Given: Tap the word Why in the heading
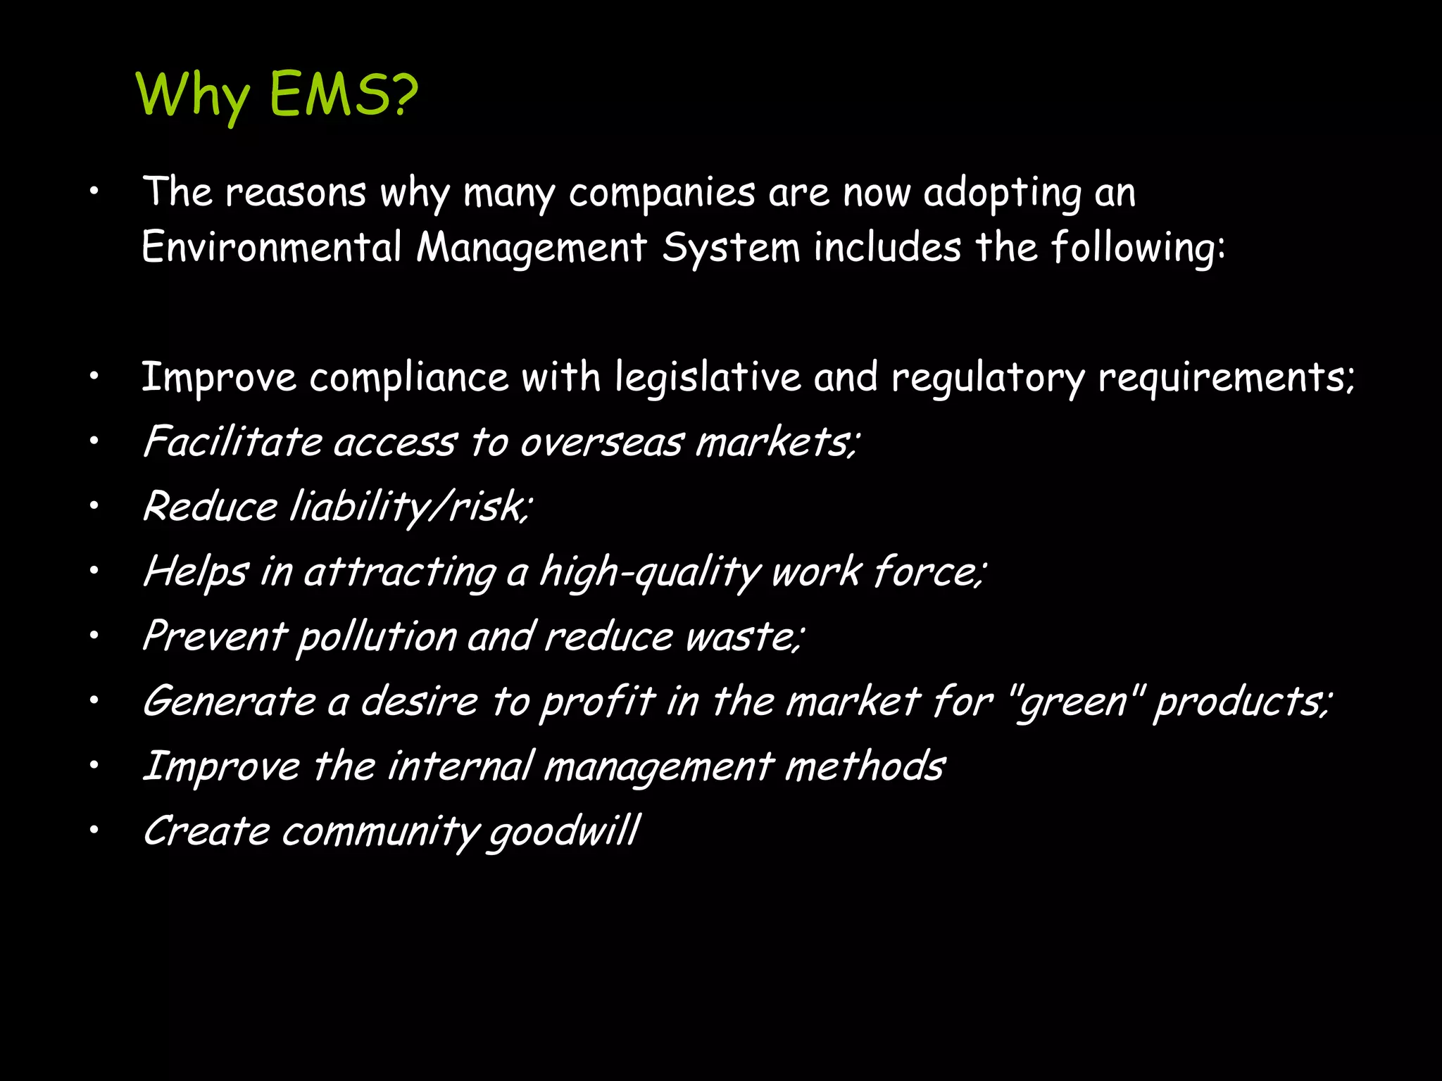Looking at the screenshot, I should [192, 96].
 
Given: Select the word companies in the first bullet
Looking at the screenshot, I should [662, 194].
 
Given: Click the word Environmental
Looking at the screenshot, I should [272, 248].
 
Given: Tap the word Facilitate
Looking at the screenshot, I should [232, 442].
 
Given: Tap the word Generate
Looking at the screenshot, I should [229, 702].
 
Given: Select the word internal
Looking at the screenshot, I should [460, 766].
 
